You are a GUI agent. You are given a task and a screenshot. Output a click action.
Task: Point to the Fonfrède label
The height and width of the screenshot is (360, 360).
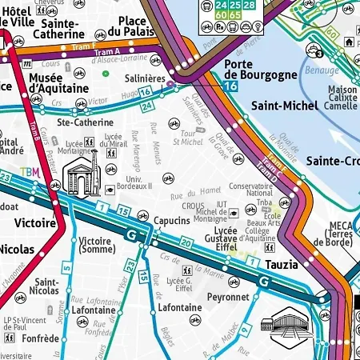point(42,338)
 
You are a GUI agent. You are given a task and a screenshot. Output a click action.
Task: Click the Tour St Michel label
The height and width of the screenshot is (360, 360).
point(194,138)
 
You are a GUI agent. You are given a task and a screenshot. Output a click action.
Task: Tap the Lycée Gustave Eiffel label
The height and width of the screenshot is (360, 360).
point(220,238)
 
